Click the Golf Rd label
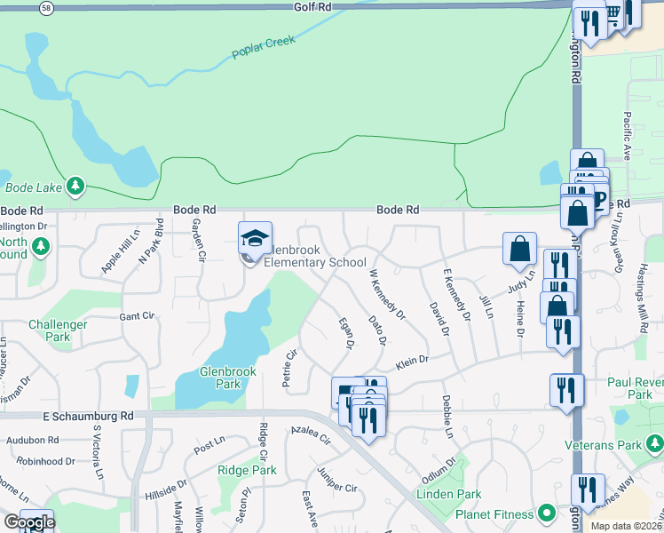(x=312, y=6)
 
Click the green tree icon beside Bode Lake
(x=77, y=186)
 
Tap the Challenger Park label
(x=59, y=330)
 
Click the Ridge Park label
(x=247, y=470)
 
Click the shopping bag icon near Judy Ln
(x=519, y=249)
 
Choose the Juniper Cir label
(x=336, y=487)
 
